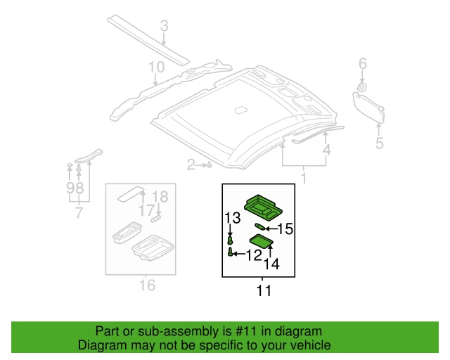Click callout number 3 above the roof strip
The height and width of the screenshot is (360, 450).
click(x=164, y=27)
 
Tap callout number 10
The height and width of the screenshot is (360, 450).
click(x=155, y=67)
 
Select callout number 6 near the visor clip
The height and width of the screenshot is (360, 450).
click(x=363, y=65)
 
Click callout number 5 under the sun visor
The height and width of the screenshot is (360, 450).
click(x=379, y=144)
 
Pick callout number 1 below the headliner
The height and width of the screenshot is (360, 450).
click(x=304, y=179)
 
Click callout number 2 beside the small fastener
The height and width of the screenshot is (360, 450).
click(x=190, y=165)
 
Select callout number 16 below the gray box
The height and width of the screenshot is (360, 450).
click(x=147, y=285)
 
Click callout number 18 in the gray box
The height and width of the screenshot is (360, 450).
click(x=160, y=197)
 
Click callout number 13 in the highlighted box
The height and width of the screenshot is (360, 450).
click(x=232, y=217)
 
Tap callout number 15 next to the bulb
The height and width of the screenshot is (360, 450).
click(x=284, y=228)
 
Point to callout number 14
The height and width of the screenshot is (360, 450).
click(x=271, y=264)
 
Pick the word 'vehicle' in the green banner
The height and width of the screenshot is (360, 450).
click(x=309, y=345)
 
